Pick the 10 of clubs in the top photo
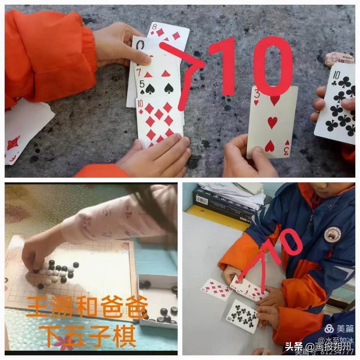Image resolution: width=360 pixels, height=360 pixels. pyautogui.click(x=337, y=102)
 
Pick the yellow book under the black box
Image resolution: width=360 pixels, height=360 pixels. pyautogui.click(x=214, y=215)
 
